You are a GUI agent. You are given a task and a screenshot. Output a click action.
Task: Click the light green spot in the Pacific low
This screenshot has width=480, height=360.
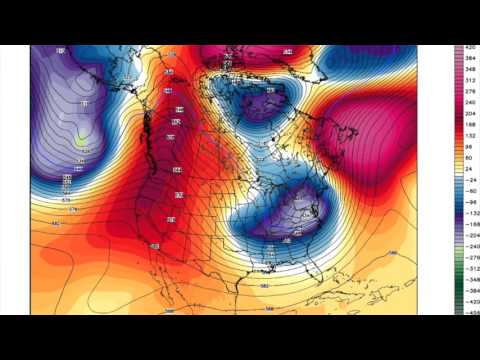pyautogui.click(x=80, y=140)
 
